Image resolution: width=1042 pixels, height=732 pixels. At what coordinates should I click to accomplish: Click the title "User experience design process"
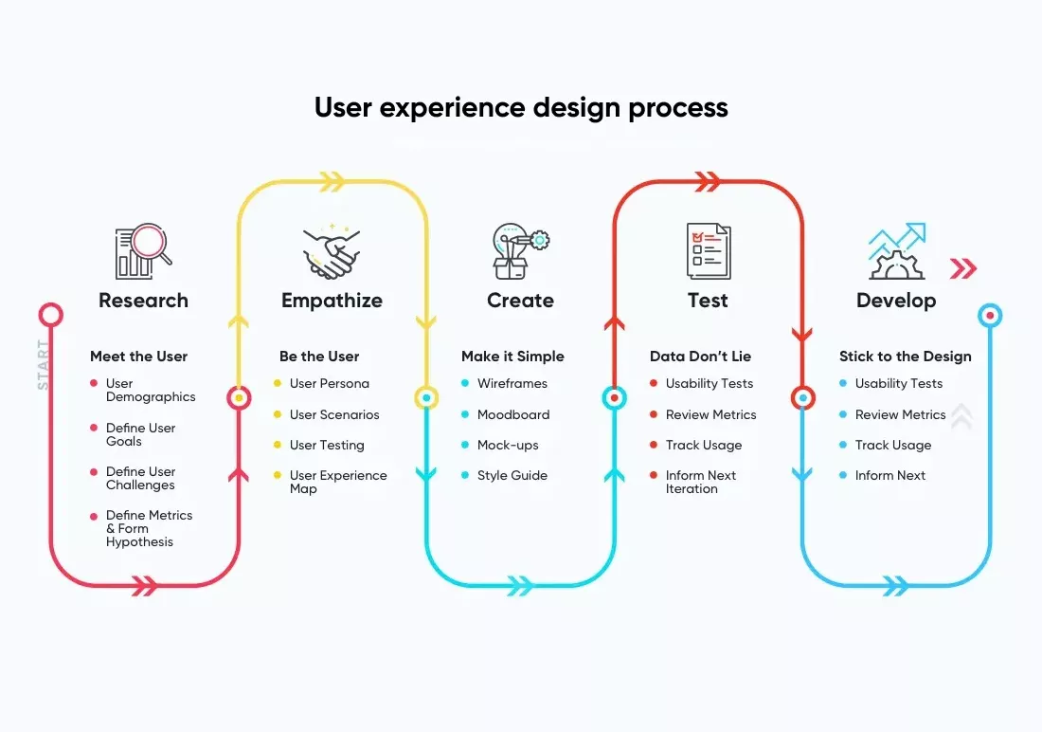click(x=521, y=108)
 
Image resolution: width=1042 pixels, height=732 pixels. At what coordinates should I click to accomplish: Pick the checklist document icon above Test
click(x=709, y=251)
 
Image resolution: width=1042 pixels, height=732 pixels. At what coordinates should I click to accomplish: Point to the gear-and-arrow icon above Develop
click(x=896, y=251)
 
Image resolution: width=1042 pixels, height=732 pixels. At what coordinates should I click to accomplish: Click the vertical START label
click(x=44, y=365)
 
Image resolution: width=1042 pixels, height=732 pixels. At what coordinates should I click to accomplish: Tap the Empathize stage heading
click(x=332, y=301)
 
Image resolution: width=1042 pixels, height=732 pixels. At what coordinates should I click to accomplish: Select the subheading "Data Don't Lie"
click(x=700, y=356)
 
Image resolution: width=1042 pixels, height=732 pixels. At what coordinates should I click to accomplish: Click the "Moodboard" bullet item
click(x=513, y=414)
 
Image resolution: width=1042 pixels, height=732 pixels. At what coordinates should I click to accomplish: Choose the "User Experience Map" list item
click(x=338, y=482)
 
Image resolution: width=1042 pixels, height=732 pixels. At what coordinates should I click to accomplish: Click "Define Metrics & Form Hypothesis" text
click(x=149, y=528)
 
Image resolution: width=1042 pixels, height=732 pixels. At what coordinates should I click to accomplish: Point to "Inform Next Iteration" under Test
click(x=700, y=482)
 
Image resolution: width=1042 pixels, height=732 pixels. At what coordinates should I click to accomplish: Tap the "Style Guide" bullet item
click(x=512, y=475)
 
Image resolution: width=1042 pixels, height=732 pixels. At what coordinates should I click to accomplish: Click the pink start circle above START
click(x=50, y=315)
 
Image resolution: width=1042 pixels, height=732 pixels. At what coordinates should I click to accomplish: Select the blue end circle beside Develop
click(x=990, y=316)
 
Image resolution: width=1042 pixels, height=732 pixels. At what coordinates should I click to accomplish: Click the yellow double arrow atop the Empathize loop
click(x=332, y=181)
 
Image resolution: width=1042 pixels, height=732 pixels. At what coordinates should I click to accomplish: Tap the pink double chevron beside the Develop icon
click(x=963, y=268)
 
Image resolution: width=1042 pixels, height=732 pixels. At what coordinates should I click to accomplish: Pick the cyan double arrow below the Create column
click(x=520, y=586)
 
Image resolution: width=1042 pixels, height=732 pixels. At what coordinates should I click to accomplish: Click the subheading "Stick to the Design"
click(x=905, y=356)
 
